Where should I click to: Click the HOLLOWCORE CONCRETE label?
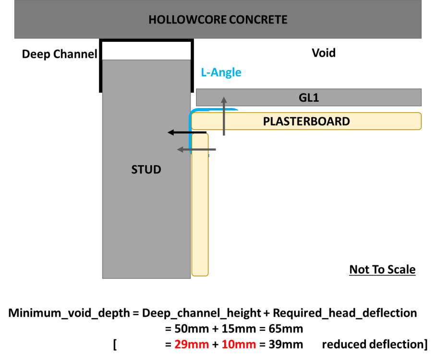(218, 20)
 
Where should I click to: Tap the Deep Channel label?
(60, 54)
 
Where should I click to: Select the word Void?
(324, 53)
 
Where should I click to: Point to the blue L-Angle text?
(221, 72)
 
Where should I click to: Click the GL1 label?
(309, 97)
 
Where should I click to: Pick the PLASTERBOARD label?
(306, 121)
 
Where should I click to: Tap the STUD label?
(146, 169)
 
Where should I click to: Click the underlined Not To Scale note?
(382, 269)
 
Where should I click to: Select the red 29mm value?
(192, 344)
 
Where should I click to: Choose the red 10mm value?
(239, 344)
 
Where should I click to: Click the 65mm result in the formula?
(286, 329)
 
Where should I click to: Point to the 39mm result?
(286, 344)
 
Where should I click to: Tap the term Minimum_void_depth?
(69, 313)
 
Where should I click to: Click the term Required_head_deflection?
(345, 313)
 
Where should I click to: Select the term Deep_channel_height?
(202, 313)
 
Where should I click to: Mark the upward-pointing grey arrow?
(224, 116)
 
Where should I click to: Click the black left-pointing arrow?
(187, 132)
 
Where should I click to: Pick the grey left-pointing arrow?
(196, 150)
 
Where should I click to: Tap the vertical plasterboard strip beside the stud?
(200, 205)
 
